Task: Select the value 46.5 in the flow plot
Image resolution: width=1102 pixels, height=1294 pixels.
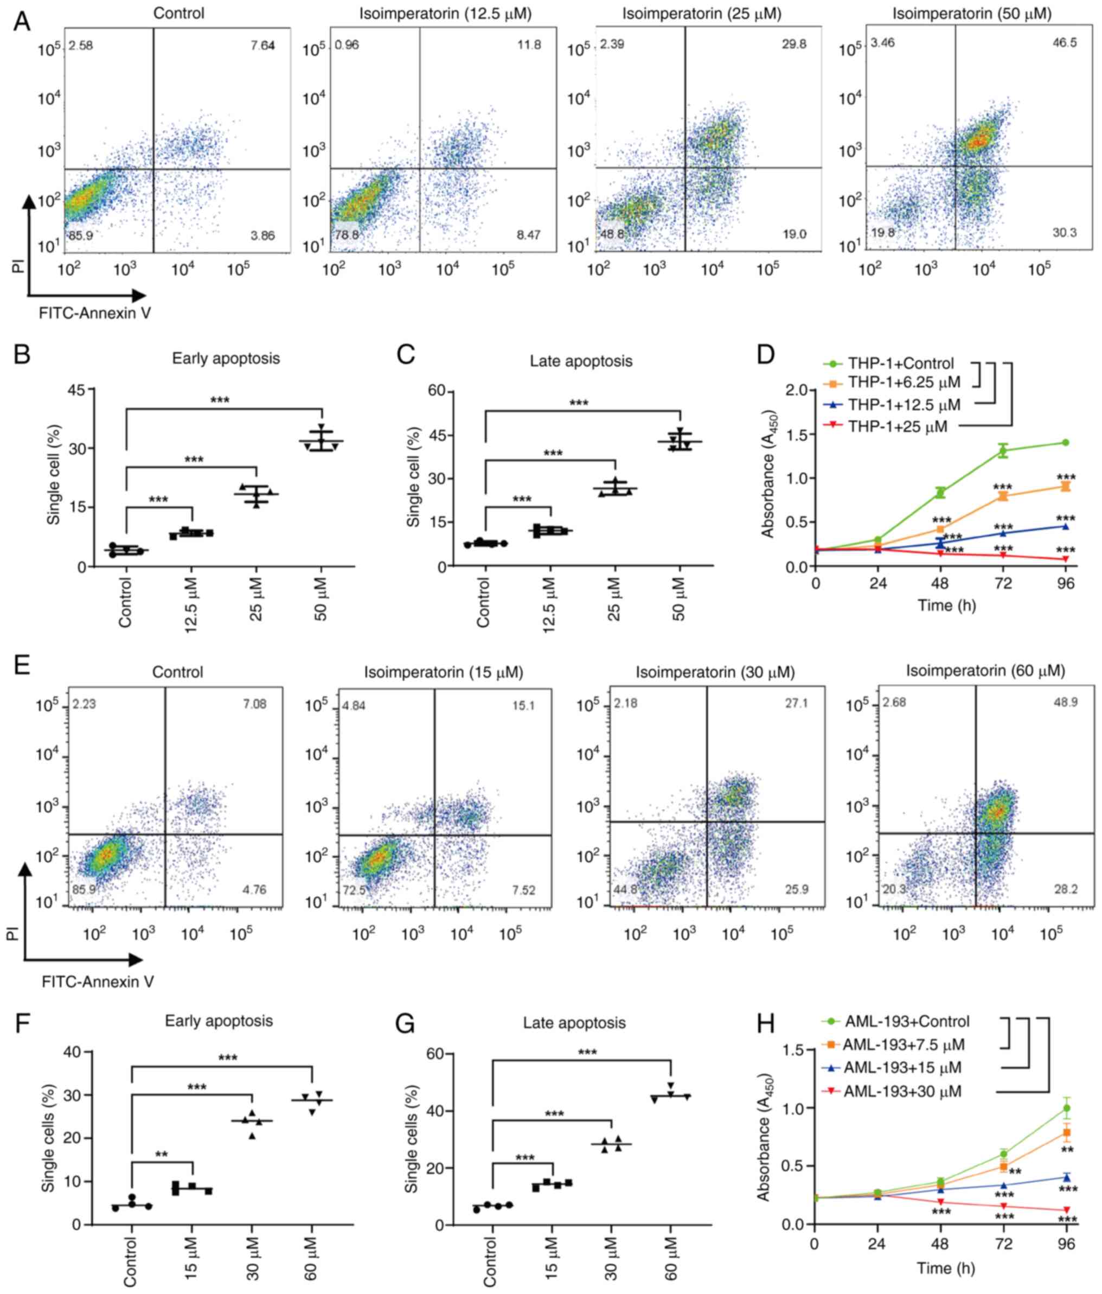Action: tap(1064, 43)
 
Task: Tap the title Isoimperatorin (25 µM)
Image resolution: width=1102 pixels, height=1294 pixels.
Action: tap(701, 14)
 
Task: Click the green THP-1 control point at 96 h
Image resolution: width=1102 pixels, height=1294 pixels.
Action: tap(1065, 443)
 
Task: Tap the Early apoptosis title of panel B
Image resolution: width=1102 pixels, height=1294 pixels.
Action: tap(226, 359)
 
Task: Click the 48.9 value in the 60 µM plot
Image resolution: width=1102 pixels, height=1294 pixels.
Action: tap(1066, 703)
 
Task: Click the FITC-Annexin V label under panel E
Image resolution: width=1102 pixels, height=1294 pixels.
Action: tap(98, 981)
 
